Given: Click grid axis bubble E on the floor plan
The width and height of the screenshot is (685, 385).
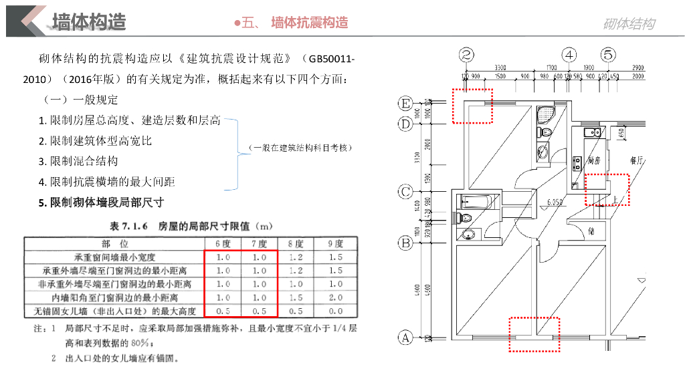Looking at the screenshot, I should [405, 104].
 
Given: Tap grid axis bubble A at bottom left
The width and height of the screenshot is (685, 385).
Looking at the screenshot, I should [405, 338].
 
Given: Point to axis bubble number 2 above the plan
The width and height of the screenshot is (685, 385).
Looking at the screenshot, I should [467, 55].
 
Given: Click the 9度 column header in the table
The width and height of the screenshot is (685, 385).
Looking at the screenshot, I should [336, 244].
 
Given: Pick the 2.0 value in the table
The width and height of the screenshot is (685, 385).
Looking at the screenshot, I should [336, 297].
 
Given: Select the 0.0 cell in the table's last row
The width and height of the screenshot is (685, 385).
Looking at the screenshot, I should [336, 311].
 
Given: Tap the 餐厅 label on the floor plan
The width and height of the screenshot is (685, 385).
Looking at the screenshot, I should [636, 161].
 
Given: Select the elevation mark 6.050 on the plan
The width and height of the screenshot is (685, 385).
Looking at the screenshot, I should [554, 202].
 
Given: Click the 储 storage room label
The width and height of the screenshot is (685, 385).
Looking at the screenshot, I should [591, 231].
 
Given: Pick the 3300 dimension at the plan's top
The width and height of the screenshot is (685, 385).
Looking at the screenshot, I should [500, 68].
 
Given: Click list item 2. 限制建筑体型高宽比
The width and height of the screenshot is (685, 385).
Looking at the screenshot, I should [95, 141].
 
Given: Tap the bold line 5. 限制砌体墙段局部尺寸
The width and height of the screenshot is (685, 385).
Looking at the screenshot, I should [101, 202].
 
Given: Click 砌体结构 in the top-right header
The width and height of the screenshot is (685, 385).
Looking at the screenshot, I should [629, 25].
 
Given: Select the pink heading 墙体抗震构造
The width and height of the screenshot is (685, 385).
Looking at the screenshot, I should [309, 23].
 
